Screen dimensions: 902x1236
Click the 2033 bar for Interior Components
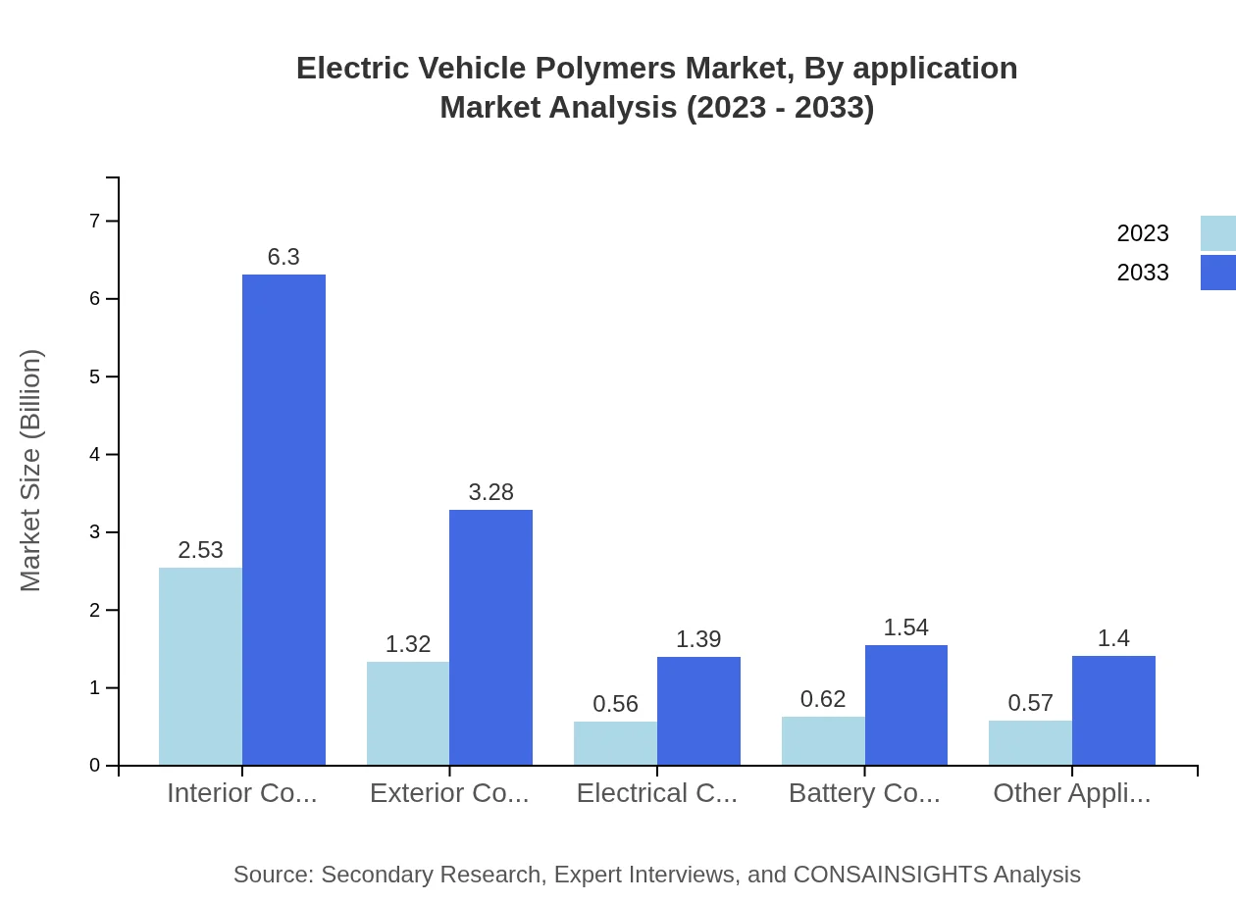point(283,520)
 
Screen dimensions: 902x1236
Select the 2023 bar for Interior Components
point(200,667)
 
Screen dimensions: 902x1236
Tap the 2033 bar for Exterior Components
point(490,637)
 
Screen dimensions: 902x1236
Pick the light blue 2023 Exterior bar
point(408,714)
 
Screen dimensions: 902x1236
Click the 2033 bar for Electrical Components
point(698,711)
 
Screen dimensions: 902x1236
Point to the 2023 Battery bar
point(823,741)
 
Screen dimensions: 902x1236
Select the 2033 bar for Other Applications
point(1113,711)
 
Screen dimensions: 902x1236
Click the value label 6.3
point(283,257)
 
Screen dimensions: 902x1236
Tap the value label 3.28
point(490,492)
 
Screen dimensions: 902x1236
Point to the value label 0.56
point(616,704)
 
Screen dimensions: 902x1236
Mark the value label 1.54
point(905,627)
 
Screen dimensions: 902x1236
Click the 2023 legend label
point(1143,233)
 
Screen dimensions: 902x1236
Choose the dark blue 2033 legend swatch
point(1217,273)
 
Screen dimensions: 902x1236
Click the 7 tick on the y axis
point(95,221)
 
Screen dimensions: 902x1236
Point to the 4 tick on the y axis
point(95,455)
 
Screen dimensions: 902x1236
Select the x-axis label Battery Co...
point(864,793)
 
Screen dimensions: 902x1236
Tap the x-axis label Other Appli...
point(1071,793)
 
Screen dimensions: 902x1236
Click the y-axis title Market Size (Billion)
point(31,471)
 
